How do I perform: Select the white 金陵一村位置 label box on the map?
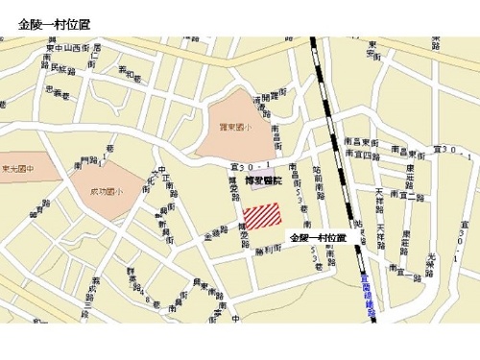(317, 237)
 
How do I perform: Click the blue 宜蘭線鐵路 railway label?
(367, 288)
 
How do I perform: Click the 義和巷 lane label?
(129, 72)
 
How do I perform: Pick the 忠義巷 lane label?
(59, 92)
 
